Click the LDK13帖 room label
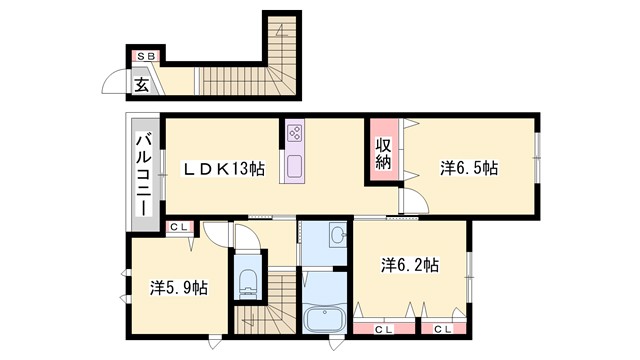223,170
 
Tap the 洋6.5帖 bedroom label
468,169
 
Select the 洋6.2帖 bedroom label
409,266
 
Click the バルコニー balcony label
142,172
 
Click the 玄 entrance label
142,84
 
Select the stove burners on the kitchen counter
295,132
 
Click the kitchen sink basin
295,165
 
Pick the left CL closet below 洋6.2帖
383,327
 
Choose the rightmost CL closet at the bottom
440,327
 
